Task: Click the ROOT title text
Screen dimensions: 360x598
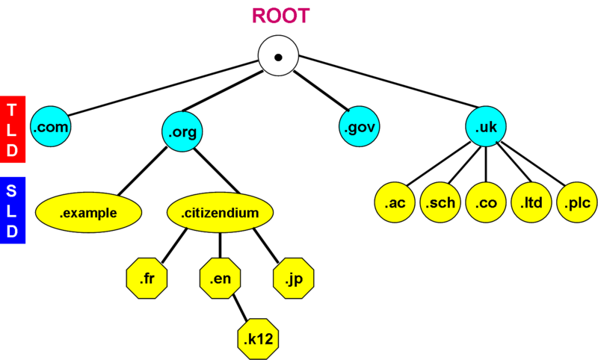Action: tap(280, 16)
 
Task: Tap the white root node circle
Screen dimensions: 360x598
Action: tap(278, 57)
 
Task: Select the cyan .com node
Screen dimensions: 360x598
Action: tap(51, 128)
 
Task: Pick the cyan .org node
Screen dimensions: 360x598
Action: tap(182, 132)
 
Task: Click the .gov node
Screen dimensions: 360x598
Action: tap(359, 128)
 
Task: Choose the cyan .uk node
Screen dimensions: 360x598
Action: tap(486, 128)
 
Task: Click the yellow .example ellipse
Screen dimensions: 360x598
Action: tap(88, 213)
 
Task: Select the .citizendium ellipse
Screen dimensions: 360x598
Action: tap(220, 213)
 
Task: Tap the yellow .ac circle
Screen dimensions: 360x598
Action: tap(395, 202)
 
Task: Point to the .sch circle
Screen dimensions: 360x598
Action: tap(440, 202)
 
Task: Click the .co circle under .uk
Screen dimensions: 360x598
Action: tap(486, 202)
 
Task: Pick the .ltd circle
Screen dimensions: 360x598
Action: tap(531, 202)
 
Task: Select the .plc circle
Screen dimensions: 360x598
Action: tap(577, 202)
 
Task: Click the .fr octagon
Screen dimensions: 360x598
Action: tap(147, 279)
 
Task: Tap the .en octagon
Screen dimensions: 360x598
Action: tap(220, 279)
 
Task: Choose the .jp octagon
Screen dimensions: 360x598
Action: tap(293, 279)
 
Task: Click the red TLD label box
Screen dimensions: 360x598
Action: tap(13, 129)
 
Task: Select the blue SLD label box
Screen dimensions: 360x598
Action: tap(13, 210)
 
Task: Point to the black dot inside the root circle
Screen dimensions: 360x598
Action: tap(278, 58)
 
